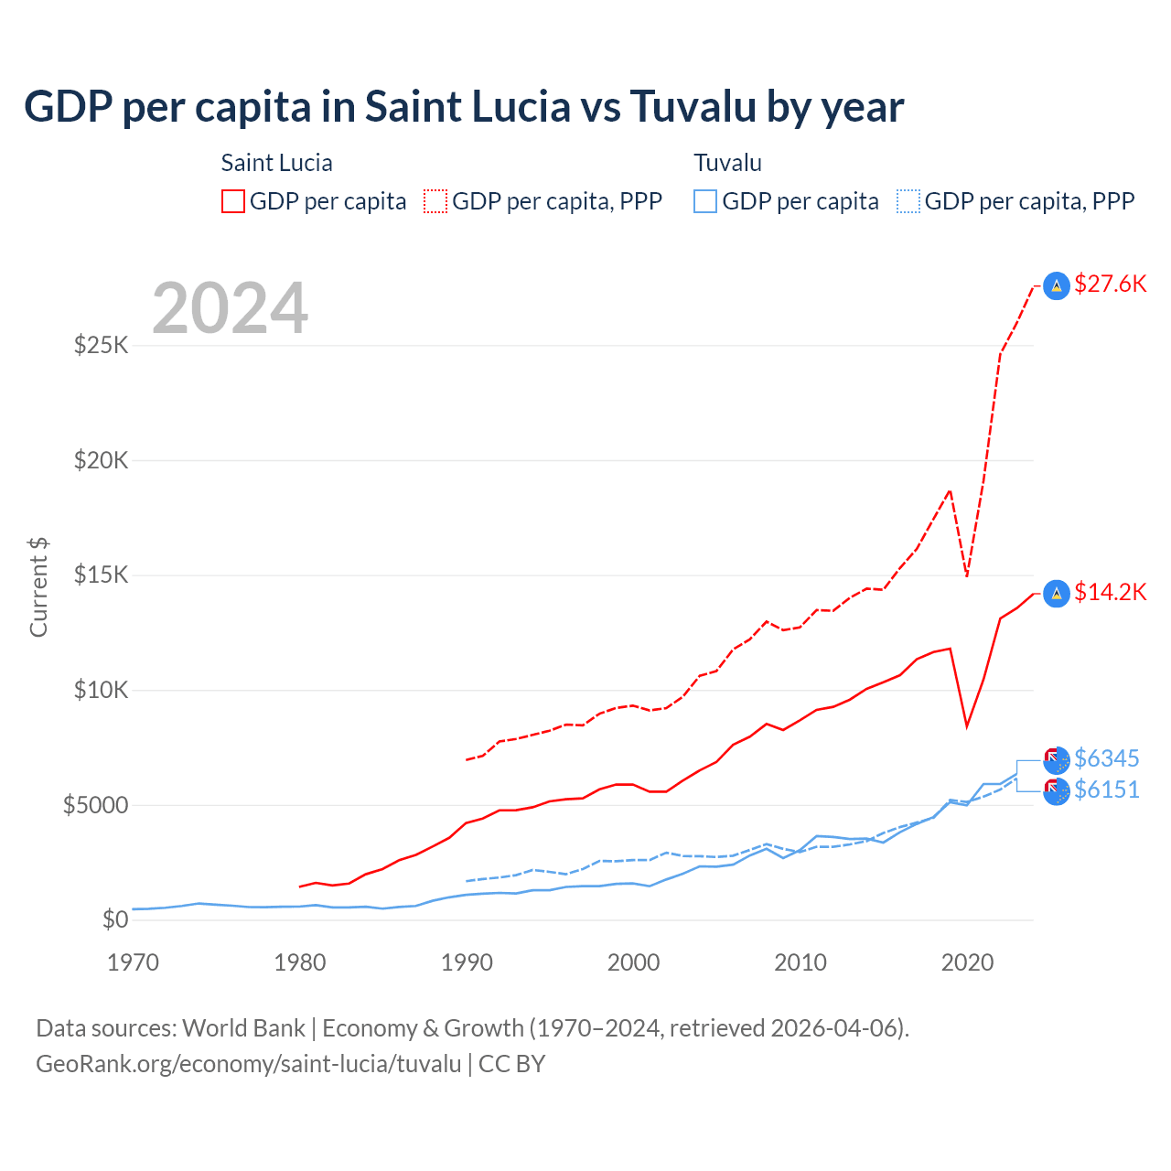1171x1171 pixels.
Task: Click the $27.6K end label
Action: click(1110, 284)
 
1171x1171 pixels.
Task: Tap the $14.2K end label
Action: click(1110, 592)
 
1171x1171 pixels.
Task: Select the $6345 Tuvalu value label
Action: click(1106, 758)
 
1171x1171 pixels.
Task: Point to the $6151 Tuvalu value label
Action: click(1106, 790)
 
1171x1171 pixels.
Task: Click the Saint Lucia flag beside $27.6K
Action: click(1057, 286)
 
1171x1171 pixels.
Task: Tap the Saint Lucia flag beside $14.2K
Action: click(1057, 594)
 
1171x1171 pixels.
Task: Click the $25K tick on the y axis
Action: click(102, 346)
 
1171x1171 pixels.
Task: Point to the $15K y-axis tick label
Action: click(102, 575)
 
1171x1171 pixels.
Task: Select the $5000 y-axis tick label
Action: click(95, 805)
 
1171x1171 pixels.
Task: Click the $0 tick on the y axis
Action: click(114, 919)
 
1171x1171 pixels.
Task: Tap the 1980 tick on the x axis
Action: click(300, 962)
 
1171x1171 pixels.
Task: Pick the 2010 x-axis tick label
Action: click(800, 962)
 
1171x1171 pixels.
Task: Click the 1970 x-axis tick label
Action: click(134, 962)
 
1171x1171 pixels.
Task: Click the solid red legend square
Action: click(233, 201)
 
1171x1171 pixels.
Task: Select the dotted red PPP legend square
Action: click(435, 201)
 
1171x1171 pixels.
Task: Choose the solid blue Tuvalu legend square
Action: click(705, 201)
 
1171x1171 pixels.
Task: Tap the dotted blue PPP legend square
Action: click(908, 201)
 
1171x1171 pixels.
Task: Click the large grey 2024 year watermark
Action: click(231, 308)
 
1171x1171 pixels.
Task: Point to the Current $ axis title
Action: click(38, 587)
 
